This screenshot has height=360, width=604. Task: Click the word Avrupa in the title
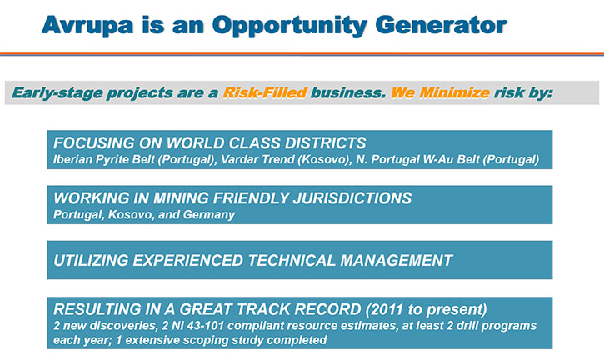pos(87,26)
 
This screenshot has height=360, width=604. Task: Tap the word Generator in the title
pos(441,25)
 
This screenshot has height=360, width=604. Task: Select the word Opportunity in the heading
pos(290,26)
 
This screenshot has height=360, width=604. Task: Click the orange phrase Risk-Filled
pos(265,92)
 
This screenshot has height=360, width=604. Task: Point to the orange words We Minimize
pos(440,92)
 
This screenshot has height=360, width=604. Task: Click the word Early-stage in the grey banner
pos(57,93)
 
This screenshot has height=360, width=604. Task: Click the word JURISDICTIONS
pos(352,198)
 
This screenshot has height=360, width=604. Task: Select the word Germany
pos(209,215)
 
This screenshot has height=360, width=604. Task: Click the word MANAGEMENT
pos(396,261)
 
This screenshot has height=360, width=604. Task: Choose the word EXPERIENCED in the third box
pos(188,261)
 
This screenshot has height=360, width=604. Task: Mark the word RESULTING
pos(92,309)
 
